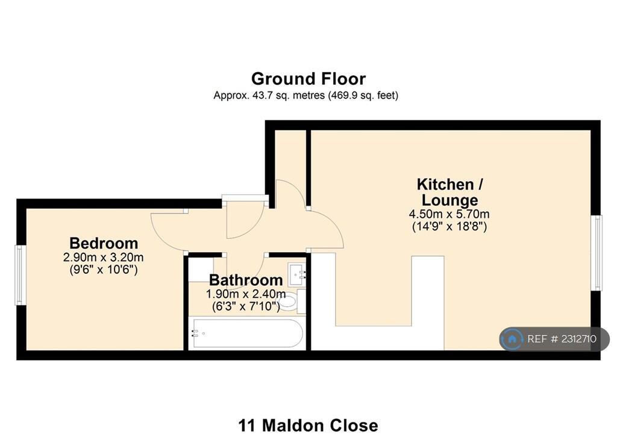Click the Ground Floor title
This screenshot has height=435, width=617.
[x=308, y=79]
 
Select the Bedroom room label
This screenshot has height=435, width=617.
[x=104, y=243]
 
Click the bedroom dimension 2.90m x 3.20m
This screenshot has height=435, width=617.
[x=103, y=258]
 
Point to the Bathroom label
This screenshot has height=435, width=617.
[x=246, y=280]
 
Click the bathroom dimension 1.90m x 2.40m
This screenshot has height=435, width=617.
[x=246, y=294]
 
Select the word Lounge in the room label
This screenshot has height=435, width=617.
[x=449, y=200]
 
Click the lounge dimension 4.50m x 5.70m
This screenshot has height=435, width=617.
[x=449, y=214]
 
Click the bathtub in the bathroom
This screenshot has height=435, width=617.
[x=246, y=333]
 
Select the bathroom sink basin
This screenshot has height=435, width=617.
[x=296, y=274]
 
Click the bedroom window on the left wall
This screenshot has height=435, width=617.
[x=20, y=275]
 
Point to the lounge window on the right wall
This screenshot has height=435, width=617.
[x=597, y=253]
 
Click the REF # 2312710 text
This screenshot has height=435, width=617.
[x=562, y=339]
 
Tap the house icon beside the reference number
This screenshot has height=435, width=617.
[x=512, y=339]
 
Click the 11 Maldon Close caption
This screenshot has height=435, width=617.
[x=308, y=425]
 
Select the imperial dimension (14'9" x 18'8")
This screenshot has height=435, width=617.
[x=449, y=227]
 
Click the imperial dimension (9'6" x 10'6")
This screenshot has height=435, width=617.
[x=104, y=270]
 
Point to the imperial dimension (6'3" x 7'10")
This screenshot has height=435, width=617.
[x=246, y=306]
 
